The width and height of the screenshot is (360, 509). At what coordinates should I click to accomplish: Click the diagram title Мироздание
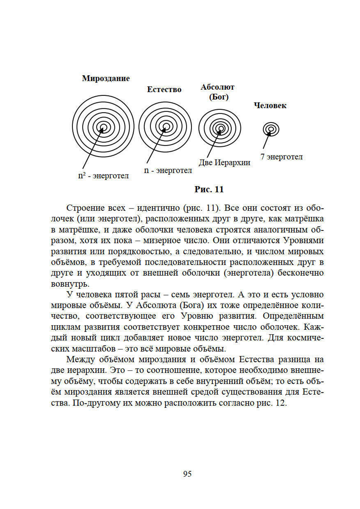tap(106, 78)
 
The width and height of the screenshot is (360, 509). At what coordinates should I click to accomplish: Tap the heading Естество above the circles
tap(164, 90)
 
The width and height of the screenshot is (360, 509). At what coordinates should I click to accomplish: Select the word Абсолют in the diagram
tap(217, 87)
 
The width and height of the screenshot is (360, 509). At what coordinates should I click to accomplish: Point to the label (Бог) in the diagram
tap(219, 97)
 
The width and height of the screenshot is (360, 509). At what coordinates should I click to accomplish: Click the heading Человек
tap(270, 105)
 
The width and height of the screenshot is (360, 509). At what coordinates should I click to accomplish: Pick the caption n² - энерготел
tap(103, 176)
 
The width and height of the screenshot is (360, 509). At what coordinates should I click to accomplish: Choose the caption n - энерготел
tap(168, 170)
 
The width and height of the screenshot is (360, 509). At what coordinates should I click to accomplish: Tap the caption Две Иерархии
tap(224, 162)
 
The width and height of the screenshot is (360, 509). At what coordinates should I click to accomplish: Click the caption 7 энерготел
tap(282, 157)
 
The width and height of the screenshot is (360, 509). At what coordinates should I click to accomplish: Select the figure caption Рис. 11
tap(209, 189)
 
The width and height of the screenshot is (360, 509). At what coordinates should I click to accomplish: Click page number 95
tap(187, 474)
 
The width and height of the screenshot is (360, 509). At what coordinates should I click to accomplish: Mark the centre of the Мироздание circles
tap(103, 126)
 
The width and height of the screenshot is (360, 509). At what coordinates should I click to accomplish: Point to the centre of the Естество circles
tap(166, 127)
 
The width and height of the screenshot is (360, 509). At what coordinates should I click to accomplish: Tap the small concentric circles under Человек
tap(271, 129)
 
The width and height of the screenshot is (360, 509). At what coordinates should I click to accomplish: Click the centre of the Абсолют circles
tap(220, 128)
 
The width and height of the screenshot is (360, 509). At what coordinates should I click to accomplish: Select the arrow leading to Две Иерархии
tap(213, 145)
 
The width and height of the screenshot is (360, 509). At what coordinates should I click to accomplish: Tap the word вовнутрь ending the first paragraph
tap(70, 284)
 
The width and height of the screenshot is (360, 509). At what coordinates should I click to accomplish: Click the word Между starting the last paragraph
tap(81, 360)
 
